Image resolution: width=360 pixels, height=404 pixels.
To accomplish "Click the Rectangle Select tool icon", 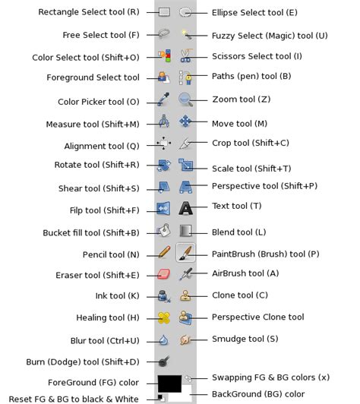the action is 164,12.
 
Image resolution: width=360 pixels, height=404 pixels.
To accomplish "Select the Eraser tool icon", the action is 164,274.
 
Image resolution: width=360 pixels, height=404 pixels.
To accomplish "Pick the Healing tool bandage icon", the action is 164,317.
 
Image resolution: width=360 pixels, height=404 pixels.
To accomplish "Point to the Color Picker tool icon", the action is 164,99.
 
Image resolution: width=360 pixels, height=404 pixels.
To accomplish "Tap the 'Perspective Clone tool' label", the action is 257,317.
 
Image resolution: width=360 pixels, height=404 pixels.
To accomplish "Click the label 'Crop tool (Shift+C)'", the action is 251,143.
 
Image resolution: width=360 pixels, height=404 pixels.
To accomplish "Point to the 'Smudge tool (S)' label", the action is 245,339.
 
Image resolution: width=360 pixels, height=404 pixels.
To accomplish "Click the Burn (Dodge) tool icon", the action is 164,361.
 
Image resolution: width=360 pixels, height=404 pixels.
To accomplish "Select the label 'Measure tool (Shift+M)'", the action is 93,124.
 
